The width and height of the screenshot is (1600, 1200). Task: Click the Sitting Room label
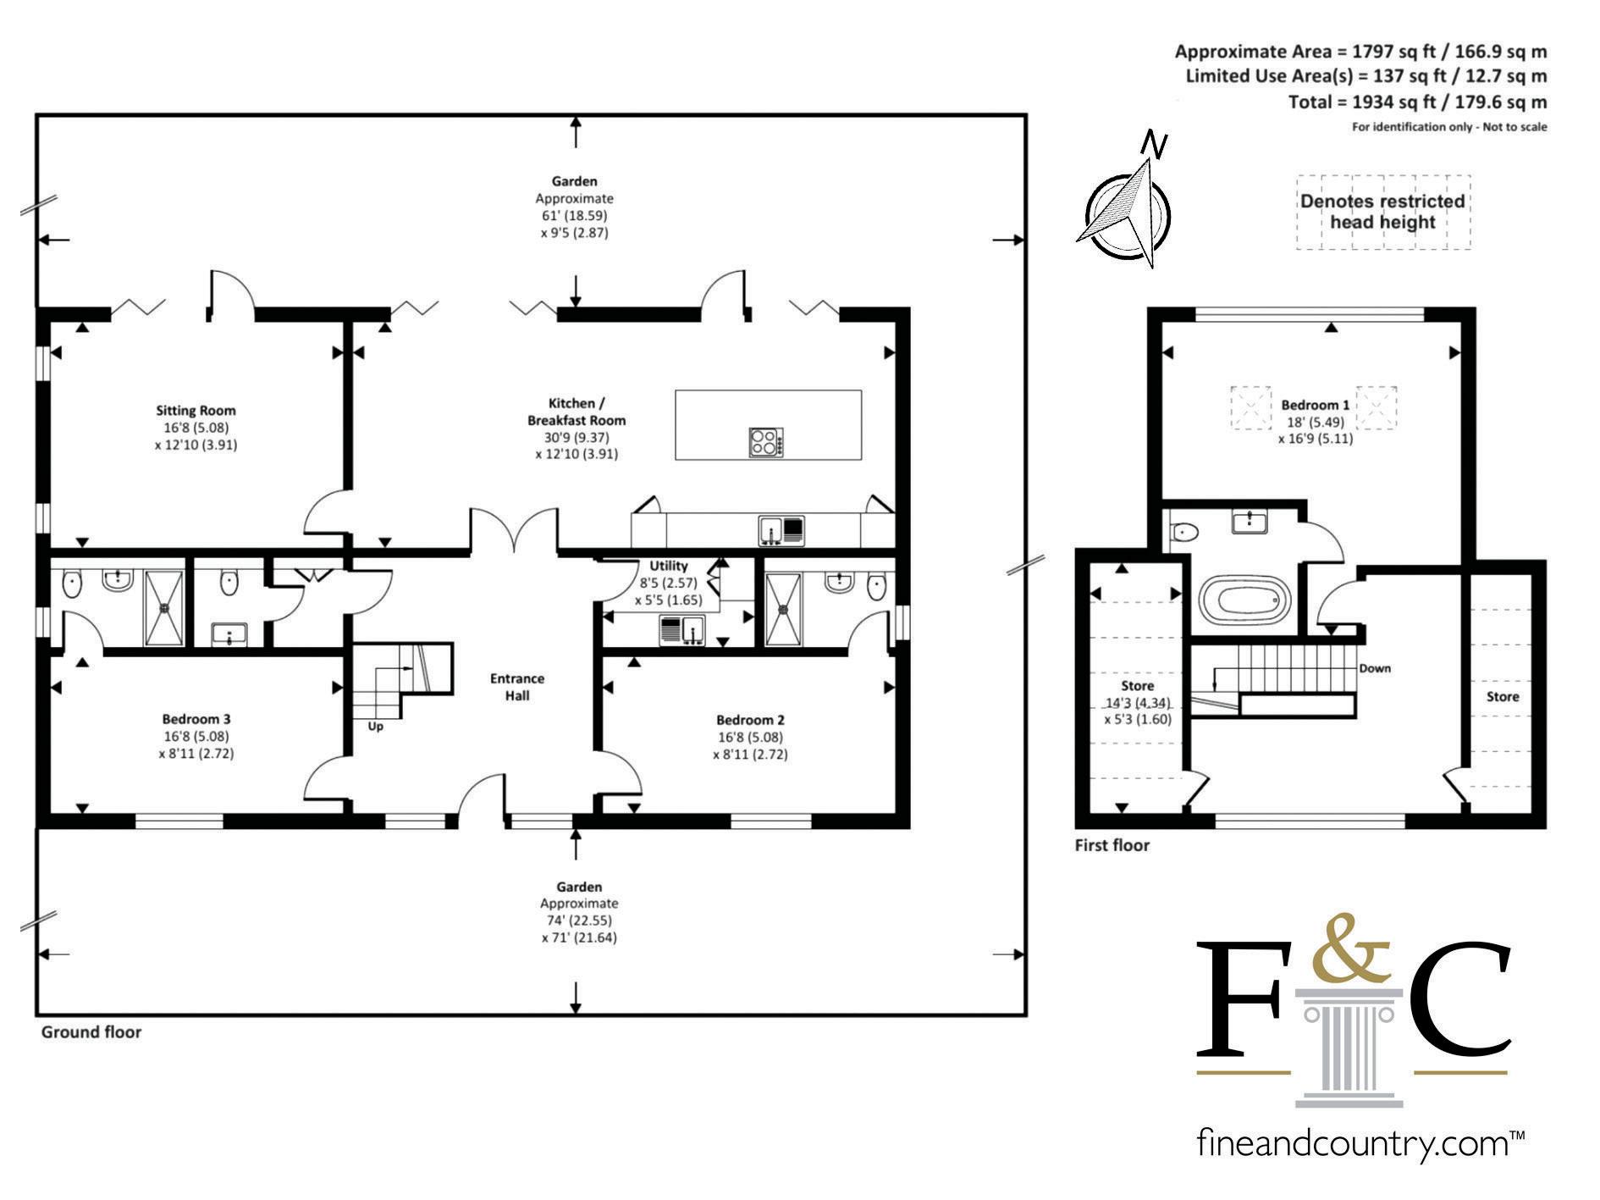tap(196, 411)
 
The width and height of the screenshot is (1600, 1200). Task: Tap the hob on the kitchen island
tap(765, 443)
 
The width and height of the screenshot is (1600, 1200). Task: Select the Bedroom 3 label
tap(196, 720)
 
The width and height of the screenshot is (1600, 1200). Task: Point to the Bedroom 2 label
tap(749, 721)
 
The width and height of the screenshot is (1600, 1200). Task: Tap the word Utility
tap(668, 566)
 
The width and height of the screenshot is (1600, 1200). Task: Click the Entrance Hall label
tap(517, 687)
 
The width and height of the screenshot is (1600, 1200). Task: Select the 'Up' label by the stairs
tap(375, 726)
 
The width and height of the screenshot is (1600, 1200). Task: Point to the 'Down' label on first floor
tap(1375, 668)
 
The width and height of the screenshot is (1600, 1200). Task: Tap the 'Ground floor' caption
tap(91, 1032)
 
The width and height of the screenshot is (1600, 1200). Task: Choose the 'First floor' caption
tap(1112, 845)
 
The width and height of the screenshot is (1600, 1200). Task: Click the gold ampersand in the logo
tap(1349, 946)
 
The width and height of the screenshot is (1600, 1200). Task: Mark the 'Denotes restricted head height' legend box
tap(1382, 212)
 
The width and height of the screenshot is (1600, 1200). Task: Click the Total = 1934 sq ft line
tap(1417, 102)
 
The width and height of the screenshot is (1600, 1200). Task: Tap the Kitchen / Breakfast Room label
tap(577, 412)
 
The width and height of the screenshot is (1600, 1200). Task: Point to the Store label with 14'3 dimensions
tap(1137, 686)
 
